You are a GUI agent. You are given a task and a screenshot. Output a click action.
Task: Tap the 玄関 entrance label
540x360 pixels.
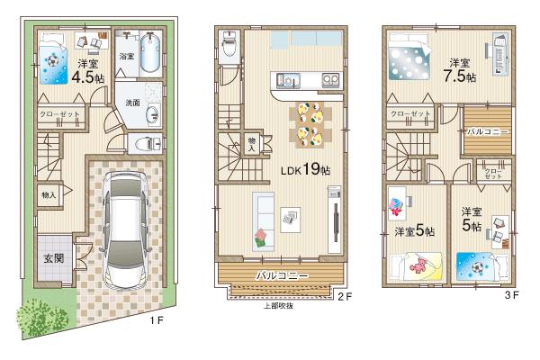[x=53, y=257]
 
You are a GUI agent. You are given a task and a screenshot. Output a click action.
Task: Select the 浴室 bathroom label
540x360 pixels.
[x=127, y=57]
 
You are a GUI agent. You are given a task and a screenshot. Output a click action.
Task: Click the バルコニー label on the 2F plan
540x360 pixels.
[x=282, y=274]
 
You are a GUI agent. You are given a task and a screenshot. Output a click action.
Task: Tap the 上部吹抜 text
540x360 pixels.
[x=280, y=304]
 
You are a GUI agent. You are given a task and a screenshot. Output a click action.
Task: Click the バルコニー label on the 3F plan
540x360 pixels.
[x=488, y=131]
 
